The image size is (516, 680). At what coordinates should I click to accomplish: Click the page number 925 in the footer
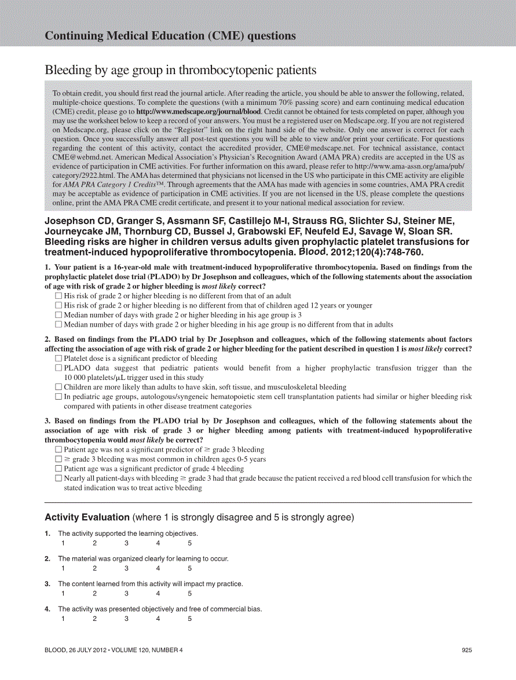467,650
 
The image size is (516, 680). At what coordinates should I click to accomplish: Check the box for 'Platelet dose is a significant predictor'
58,358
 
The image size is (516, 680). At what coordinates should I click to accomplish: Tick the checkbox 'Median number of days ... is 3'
58,315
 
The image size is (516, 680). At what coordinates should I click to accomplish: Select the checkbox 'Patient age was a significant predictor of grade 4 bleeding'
58,469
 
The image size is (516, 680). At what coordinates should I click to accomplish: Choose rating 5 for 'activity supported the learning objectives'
189,543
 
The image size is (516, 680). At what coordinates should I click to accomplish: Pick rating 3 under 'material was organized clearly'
126,568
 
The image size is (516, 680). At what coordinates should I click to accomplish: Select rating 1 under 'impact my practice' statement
63,593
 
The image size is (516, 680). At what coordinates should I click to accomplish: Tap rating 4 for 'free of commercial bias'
158,619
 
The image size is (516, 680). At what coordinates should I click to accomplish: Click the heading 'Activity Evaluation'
87,517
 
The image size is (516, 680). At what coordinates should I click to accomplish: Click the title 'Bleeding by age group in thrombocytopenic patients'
181,70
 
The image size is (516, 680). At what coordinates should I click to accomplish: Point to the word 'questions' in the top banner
272,36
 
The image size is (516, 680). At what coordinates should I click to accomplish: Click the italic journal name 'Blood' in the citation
312,253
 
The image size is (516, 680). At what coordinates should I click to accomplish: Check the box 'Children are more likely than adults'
58,387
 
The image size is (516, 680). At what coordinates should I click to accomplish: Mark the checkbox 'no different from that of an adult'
58,296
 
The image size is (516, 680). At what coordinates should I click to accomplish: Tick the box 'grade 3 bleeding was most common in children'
58,459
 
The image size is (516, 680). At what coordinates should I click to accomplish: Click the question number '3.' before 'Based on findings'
47,421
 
